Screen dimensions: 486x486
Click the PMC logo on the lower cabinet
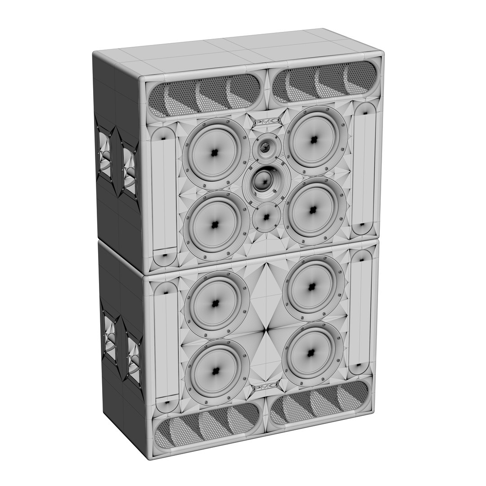click(x=265, y=387)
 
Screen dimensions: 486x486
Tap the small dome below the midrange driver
click(x=266, y=217)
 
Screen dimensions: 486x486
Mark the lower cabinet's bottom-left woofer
click(x=216, y=371)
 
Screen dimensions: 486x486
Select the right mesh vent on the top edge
click(x=325, y=81)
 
